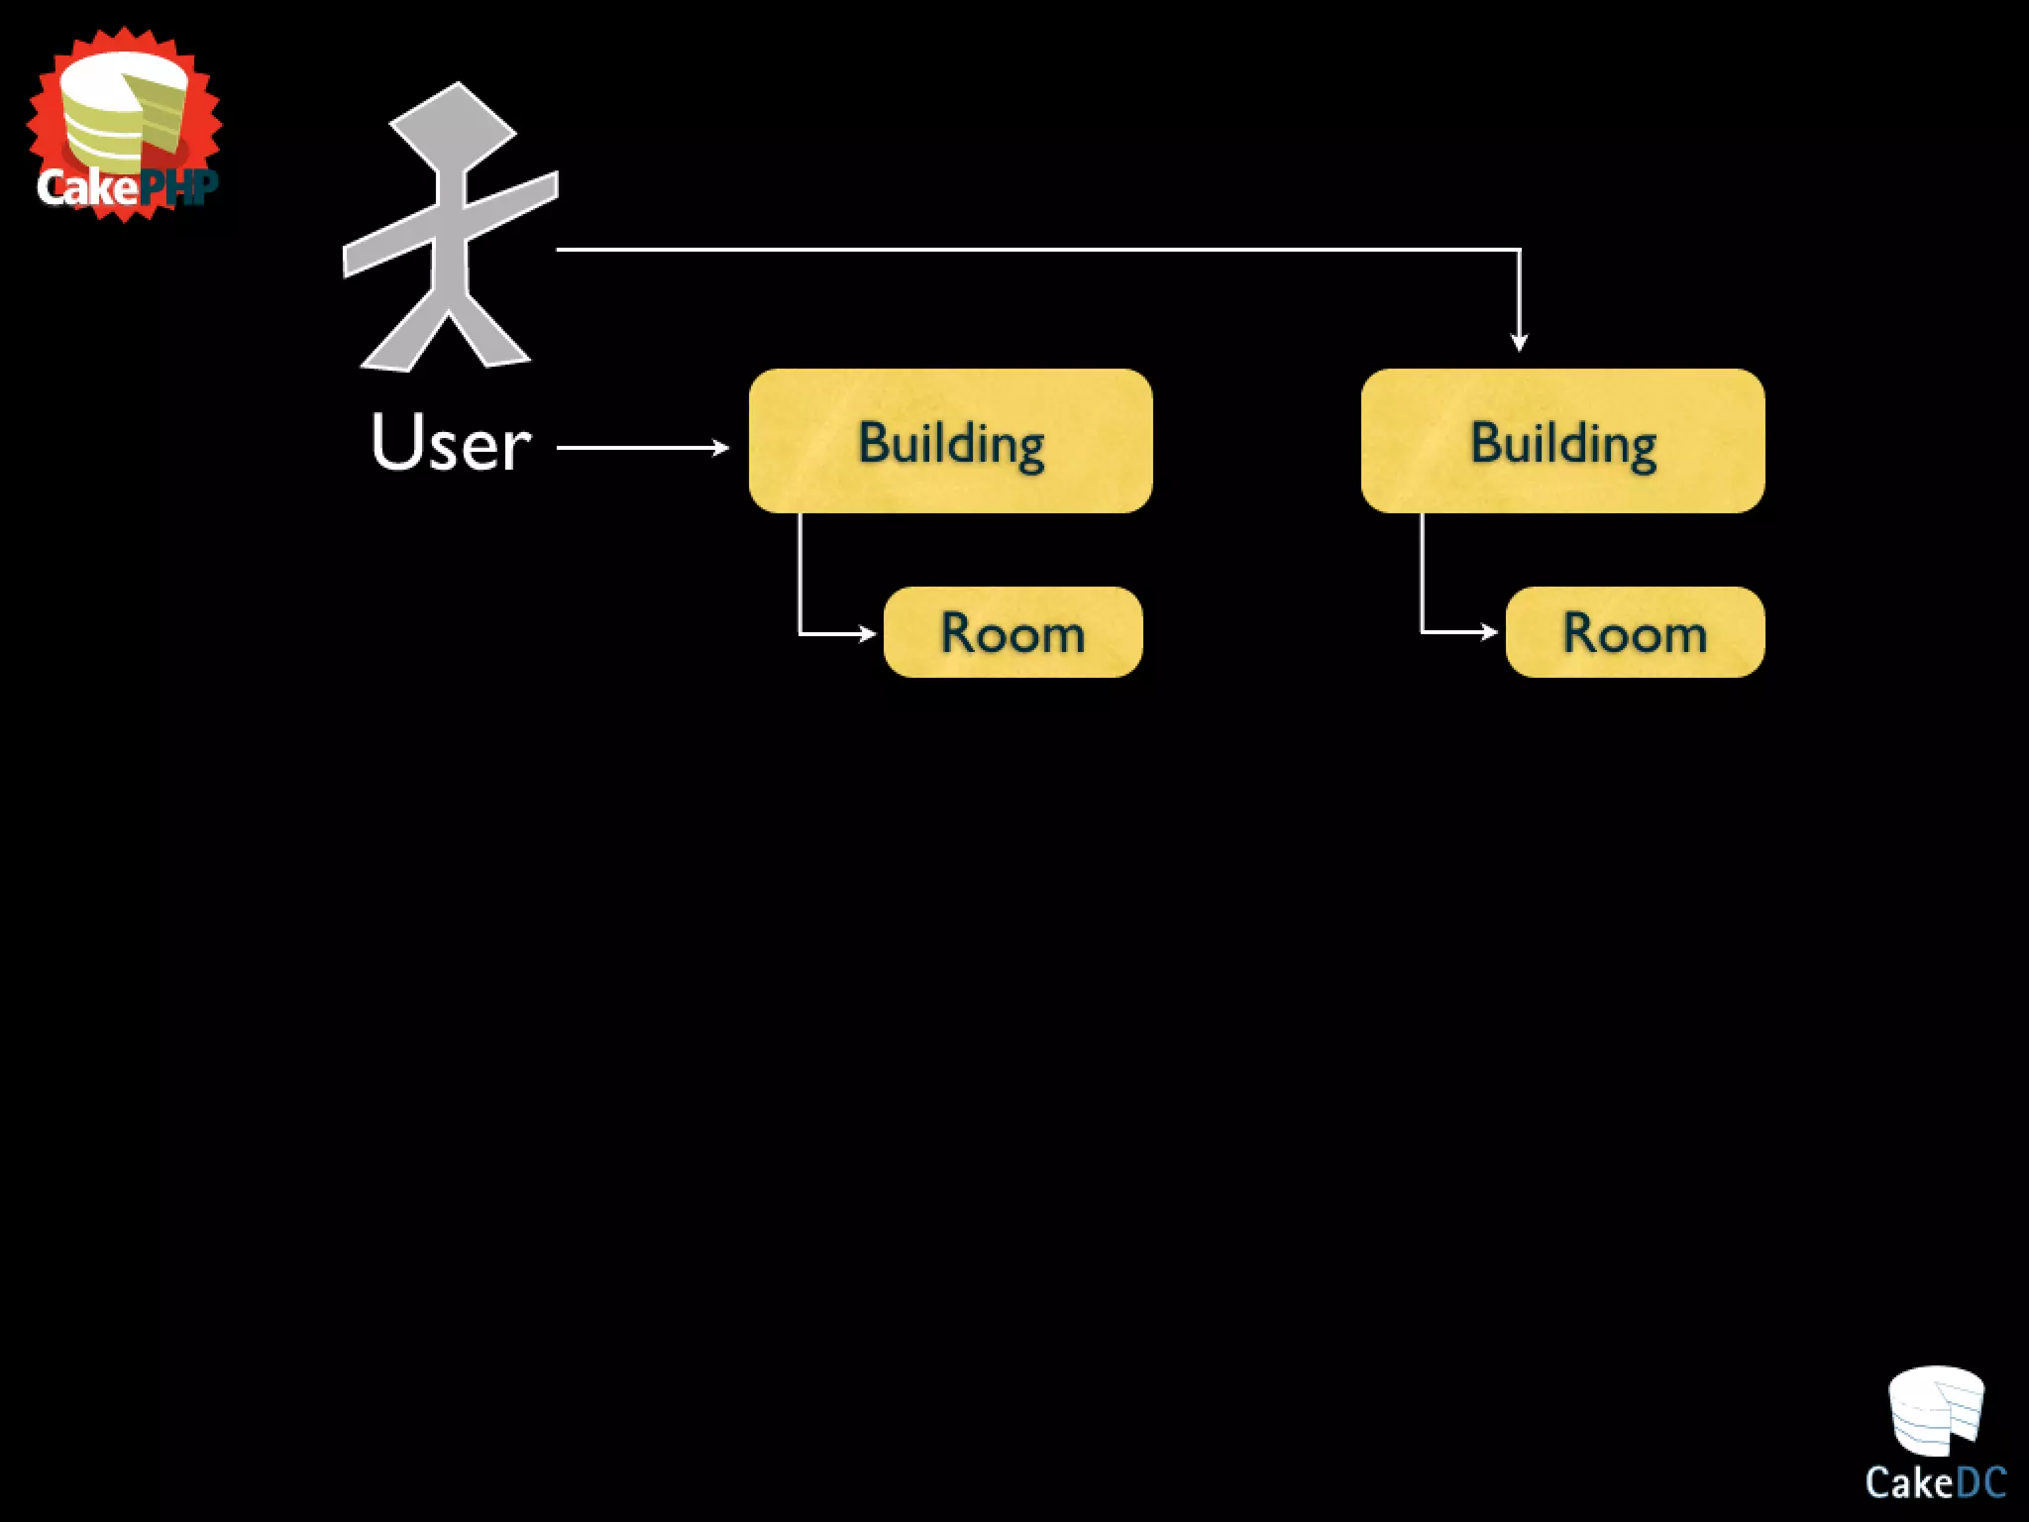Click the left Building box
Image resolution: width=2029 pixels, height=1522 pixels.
[950, 441]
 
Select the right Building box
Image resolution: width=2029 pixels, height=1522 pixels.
[1562, 441]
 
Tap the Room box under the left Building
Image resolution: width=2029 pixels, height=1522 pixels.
[1013, 632]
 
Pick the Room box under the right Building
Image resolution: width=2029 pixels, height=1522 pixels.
[1635, 632]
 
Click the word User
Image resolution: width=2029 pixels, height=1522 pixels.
[451, 442]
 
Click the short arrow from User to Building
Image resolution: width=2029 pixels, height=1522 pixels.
[642, 448]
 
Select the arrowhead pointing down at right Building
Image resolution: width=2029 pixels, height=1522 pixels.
[1519, 342]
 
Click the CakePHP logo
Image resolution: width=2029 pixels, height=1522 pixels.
[125, 124]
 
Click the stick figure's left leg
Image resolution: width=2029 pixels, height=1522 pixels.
[401, 337]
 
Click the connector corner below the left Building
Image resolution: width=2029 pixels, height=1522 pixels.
[801, 632]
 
